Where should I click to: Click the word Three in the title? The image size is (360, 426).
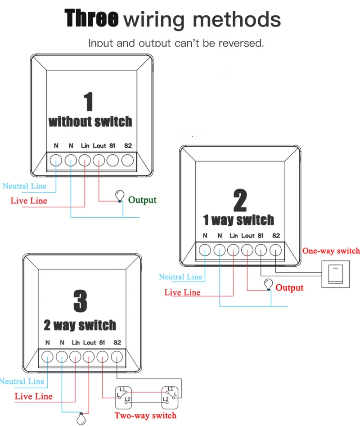92,19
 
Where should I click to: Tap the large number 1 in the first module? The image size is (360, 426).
89,101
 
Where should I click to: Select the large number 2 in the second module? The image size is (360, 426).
240,200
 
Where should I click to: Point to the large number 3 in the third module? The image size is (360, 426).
80,301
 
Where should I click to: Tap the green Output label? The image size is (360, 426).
142,200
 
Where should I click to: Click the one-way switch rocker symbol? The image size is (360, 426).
336,274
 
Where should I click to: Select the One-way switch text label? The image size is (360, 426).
331,251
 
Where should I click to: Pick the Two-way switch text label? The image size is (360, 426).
145,416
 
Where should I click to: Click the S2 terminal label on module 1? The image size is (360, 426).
128,146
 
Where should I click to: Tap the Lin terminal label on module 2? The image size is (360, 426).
234,236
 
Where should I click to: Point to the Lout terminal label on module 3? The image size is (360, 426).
90,343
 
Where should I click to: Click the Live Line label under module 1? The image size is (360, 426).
29,201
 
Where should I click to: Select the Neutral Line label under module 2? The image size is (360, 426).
180,277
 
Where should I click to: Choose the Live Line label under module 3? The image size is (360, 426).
33,396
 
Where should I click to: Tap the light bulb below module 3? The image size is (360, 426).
81,418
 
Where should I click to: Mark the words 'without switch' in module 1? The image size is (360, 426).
90,121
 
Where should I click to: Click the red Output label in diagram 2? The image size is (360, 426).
289,287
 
